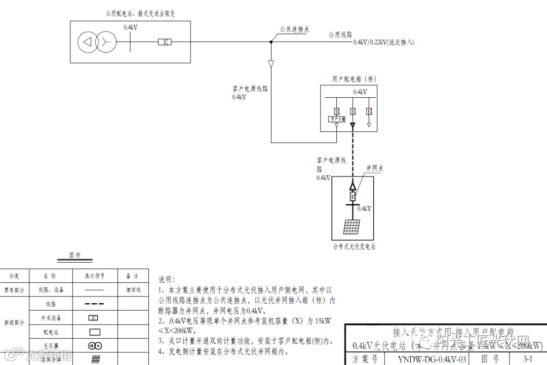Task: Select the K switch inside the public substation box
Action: (164, 42)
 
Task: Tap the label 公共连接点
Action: (294, 30)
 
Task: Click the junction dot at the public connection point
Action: (271, 42)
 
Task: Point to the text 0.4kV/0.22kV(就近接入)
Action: (383, 43)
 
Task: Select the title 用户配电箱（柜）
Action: (355, 79)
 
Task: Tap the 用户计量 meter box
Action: (336, 119)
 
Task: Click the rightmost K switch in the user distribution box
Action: (369, 111)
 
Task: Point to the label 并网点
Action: (375, 168)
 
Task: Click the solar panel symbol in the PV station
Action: (352, 227)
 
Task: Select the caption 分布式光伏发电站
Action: (354, 247)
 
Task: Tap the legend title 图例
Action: (75, 255)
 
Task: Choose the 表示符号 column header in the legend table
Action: (95, 276)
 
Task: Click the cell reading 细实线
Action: (133, 290)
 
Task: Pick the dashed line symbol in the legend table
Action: (95, 304)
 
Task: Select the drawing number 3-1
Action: (527, 359)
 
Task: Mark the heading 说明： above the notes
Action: (167, 279)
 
